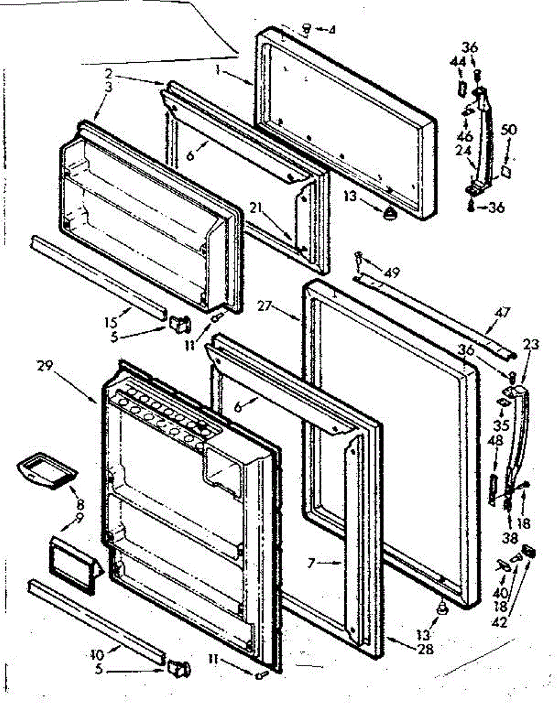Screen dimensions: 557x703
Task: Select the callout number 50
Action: point(508,129)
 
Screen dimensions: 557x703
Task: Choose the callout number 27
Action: point(265,306)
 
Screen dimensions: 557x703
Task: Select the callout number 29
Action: point(45,367)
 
